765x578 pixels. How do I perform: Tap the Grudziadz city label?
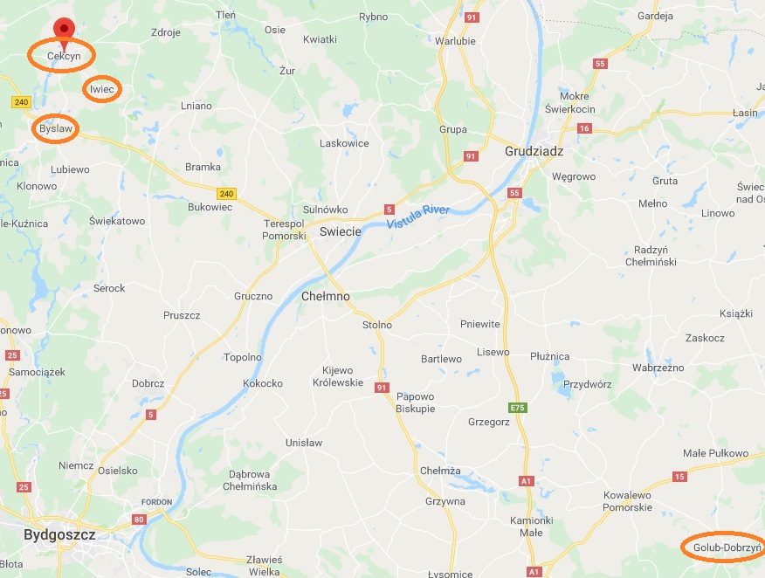click(534, 151)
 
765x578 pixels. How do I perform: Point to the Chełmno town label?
click(325, 296)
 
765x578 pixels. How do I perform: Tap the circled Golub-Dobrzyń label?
click(721, 548)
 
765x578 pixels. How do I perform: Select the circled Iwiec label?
click(102, 89)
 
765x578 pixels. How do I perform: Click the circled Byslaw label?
click(56, 128)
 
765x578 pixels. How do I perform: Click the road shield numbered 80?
click(138, 520)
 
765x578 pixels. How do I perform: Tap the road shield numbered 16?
click(584, 128)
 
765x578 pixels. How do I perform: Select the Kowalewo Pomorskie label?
click(627, 501)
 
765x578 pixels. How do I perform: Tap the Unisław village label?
click(303, 443)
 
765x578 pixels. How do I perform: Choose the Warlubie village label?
click(455, 40)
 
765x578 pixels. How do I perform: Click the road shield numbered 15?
click(679, 477)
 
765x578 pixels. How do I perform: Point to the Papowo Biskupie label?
click(415, 403)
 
